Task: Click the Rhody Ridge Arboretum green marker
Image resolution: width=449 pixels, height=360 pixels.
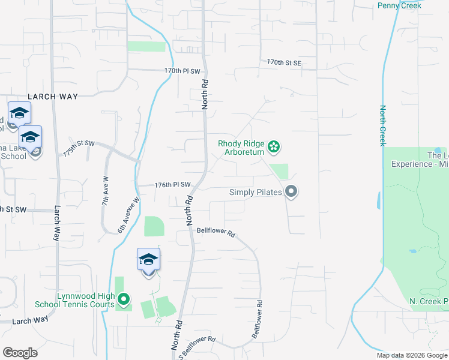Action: tap(274, 146)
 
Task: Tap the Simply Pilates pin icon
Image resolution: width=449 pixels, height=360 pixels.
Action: tap(292, 192)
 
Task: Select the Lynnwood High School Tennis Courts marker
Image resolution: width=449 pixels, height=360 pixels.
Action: tap(124, 298)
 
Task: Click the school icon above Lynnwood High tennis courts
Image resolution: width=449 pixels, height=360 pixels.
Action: tap(148, 260)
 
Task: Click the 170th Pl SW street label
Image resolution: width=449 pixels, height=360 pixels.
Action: tap(182, 71)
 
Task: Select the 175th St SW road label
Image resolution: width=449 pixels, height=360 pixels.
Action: tap(79, 148)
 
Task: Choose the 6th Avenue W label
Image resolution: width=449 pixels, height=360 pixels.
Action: tap(128, 215)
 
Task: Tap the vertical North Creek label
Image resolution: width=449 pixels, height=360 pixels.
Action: tap(382, 126)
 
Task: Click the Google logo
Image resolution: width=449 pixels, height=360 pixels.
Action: tap(20, 353)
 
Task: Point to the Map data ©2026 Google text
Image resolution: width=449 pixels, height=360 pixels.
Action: tap(412, 355)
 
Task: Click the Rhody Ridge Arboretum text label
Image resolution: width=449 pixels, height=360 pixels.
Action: tap(241, 148)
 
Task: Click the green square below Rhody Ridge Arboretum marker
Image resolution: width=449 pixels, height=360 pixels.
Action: tap(279, 171)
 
